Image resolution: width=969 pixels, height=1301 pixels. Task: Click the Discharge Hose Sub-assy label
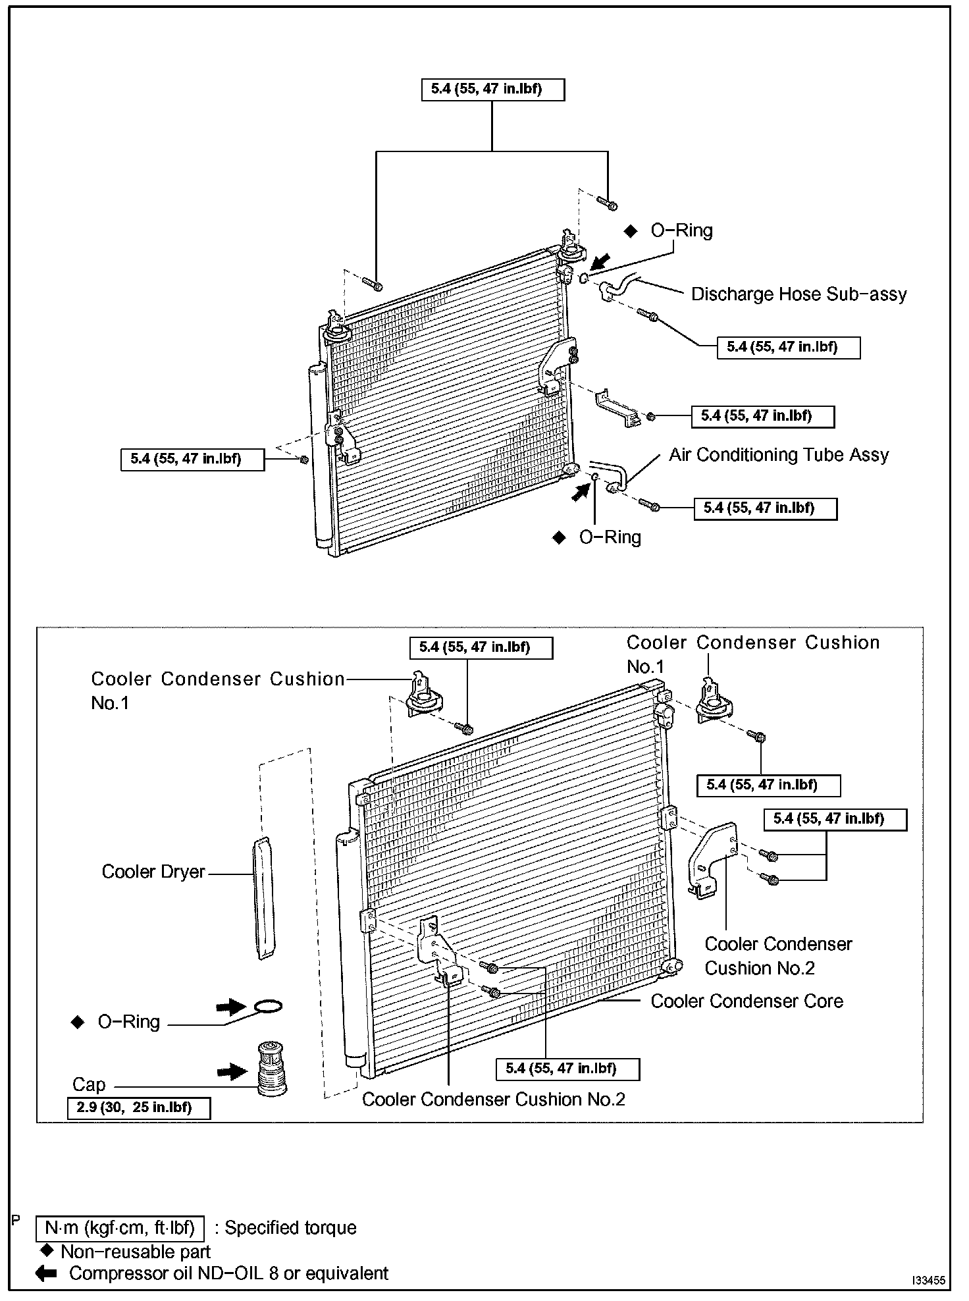click(799, 294)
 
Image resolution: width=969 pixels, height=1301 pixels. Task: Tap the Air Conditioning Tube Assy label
click(779, 455)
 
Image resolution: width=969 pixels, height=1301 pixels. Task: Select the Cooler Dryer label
click(153, 872)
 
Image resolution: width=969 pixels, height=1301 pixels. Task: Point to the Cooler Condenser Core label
click(746, 1001)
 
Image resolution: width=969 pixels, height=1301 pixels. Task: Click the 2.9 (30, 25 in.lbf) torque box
click(139, 1108)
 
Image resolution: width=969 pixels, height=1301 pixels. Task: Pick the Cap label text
click(89, 1084)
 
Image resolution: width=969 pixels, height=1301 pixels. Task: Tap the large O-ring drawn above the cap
click(268, 1007)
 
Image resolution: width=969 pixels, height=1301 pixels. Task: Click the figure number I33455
click(928, 1281)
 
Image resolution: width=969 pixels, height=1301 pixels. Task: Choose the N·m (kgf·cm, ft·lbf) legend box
click(120, 1228)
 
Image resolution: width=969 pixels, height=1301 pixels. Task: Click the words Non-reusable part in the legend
click(136, 1252)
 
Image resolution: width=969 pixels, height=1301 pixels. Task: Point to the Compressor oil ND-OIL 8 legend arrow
click(46, 1273)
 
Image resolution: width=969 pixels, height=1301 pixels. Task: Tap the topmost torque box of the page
click(492, 90)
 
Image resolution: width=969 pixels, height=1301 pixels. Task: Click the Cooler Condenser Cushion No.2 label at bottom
click(493, 1100)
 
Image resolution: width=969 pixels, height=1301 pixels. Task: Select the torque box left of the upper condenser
click(192, 460)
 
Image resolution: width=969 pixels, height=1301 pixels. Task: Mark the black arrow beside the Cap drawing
click(232, 1073)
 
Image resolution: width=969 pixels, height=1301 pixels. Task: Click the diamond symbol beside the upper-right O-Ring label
click(631, 231)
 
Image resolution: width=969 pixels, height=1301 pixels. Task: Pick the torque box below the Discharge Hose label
click(788, 348)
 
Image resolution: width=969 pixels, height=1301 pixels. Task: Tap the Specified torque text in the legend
click(290, 1228)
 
